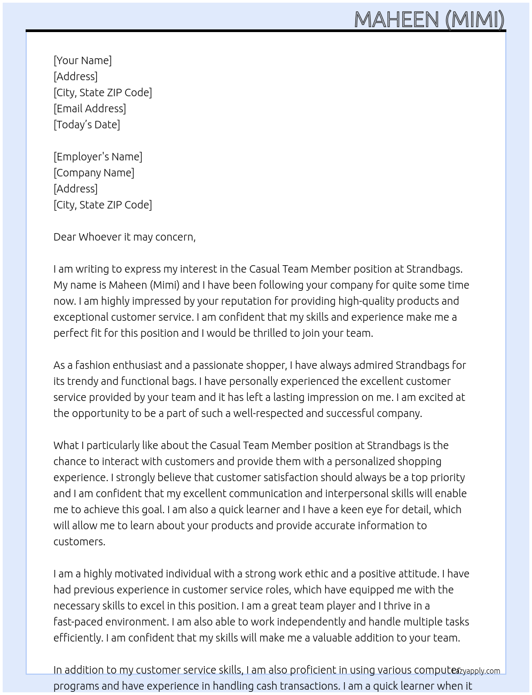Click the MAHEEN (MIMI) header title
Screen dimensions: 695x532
click(x=429, y=19)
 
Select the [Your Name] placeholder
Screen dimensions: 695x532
click(x=82, y=60)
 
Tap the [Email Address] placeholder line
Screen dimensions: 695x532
click(x=90, y=109)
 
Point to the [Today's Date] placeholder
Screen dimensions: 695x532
click(x=87, y=125)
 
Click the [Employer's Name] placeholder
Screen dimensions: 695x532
click(x=98, y=157)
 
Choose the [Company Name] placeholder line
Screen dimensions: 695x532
click(x=93, y=173)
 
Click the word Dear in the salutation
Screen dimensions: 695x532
click(x=64, y=237)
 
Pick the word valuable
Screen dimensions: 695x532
click(x=340, y=638)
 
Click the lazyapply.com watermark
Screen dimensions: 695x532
click(x=476, y=671)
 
